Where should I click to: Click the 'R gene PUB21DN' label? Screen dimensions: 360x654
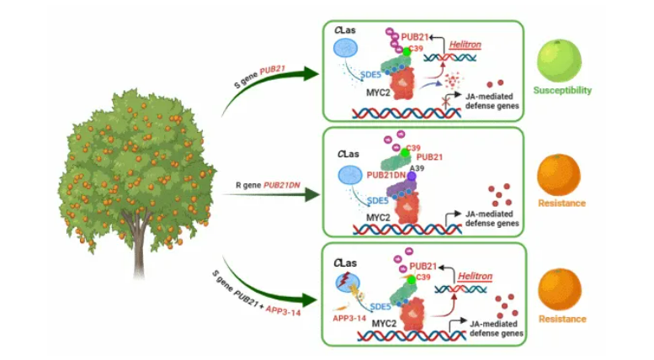[260, 183]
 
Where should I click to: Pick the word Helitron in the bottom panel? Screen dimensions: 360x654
[473, 276]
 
